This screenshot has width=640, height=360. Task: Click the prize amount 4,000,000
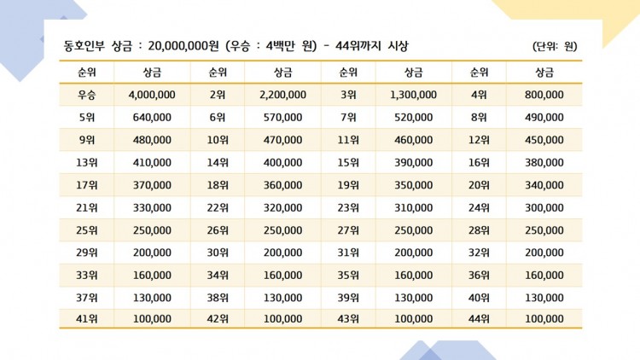[x=152, y=95]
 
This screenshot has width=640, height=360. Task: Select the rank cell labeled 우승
[x=86, y=95]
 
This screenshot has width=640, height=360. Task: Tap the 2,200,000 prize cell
[x=282, y=95]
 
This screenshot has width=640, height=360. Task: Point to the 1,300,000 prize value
[x=414, y=95]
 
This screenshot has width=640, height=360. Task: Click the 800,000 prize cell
[x=544, y=95]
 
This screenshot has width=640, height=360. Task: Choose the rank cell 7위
[x=348, y=118]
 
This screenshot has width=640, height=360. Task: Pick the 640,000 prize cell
[x=152, y=118]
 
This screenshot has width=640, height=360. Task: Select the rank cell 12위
[x=479, y=140]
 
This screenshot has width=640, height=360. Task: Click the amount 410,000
[x=152, y=162]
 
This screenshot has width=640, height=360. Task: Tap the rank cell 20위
[x=479, y=185]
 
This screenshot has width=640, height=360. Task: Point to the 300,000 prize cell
[x=544, y=208]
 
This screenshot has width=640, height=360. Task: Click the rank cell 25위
[x=86, y=230]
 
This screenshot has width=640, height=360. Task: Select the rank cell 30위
[x=218, y=253]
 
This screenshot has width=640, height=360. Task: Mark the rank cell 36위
[x=479, y=275]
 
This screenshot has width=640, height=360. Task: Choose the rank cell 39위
[x=348, y=298]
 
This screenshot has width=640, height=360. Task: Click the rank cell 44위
[x=479, y=319]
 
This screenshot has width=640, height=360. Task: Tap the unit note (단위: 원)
[x=555, y=46]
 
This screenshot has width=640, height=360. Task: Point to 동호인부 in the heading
[x=84, y=46]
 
